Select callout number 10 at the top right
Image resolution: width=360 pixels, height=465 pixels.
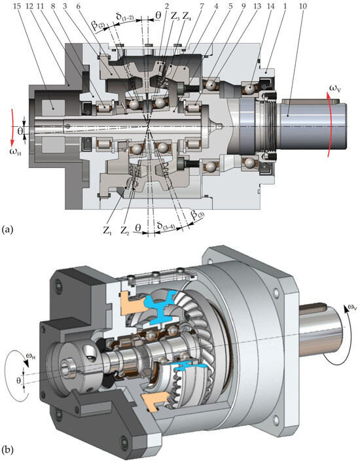click(303, 6)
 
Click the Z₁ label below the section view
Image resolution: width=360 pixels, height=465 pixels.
click(107, 230)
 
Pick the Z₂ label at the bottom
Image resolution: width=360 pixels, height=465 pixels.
click(124, 230)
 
